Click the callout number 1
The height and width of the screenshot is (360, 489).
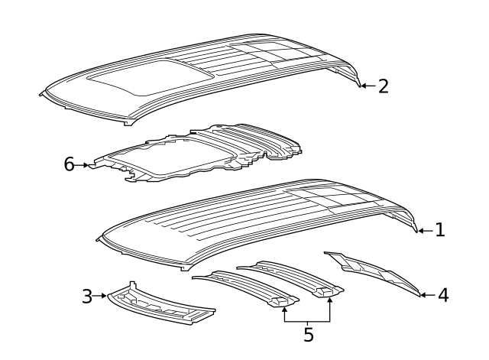439,229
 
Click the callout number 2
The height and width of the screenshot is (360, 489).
383,86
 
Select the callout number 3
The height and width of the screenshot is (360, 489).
88,294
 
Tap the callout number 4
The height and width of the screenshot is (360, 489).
443,294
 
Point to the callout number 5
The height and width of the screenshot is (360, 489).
308,334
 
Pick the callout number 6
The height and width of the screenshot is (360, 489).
69,164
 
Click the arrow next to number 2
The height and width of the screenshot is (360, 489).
367,86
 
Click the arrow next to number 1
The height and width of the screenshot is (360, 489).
425,229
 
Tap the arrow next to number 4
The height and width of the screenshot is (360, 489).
428,294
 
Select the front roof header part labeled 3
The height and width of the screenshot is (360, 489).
160,306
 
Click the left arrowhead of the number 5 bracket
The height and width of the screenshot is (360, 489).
284,305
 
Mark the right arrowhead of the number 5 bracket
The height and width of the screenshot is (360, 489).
330,300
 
